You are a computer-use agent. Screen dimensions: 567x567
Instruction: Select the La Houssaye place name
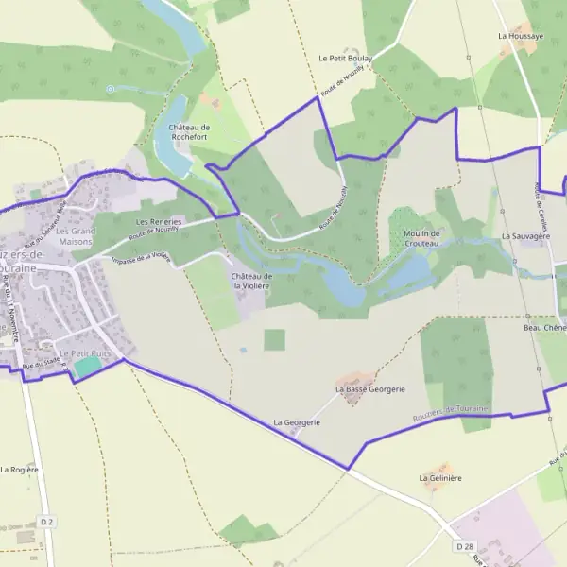(521, 36)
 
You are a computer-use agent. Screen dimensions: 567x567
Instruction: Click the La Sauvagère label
(525, 235)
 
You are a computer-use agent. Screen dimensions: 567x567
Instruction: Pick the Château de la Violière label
(252, 281)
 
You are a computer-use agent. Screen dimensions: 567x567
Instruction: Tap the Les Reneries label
(159, 221)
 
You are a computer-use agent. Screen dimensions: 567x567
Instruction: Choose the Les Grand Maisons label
(76, 235)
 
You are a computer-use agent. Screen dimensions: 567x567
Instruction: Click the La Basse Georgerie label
(369, 388)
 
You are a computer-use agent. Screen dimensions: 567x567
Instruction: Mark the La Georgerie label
(297, 421)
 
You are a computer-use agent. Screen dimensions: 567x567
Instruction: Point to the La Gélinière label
(440, 478)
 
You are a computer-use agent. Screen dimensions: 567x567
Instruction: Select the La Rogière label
(19, 469)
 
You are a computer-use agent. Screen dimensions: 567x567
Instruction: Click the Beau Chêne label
(543, 328)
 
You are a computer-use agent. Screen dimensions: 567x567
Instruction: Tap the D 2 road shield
(47, 522)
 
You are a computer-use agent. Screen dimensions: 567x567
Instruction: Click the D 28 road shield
(463, 546)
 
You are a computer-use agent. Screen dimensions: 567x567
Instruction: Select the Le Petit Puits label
(85, 352)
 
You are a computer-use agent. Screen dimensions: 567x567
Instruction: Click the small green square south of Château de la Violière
(274, 339)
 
